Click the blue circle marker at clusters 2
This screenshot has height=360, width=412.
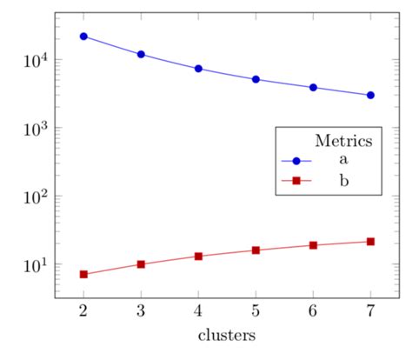point(83,37)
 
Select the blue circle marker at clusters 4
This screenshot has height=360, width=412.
point(198,69)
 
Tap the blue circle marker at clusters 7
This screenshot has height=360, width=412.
point(370,95)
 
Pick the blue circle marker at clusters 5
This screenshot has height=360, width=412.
point(256,79)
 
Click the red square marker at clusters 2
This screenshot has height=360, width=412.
point(83,274)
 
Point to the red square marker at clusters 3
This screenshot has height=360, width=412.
point(141,264)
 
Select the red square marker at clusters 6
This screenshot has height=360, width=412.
point(313,245)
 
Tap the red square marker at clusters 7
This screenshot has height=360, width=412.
point(370,241)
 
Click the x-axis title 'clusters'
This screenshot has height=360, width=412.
point(226,335)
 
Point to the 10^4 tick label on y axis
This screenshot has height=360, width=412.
point(30,60)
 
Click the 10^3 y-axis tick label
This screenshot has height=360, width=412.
point(30,128)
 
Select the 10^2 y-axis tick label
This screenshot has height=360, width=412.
point(30,196)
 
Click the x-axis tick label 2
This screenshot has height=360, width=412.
point(83,311)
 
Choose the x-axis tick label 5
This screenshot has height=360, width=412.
point(256,311)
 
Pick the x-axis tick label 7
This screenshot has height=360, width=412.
point(370,311)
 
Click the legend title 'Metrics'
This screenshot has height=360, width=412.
point(344,140)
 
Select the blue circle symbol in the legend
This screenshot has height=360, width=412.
point(296,161)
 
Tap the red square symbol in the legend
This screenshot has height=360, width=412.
point(296,181)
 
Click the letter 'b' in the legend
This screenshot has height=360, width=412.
point(344,181)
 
